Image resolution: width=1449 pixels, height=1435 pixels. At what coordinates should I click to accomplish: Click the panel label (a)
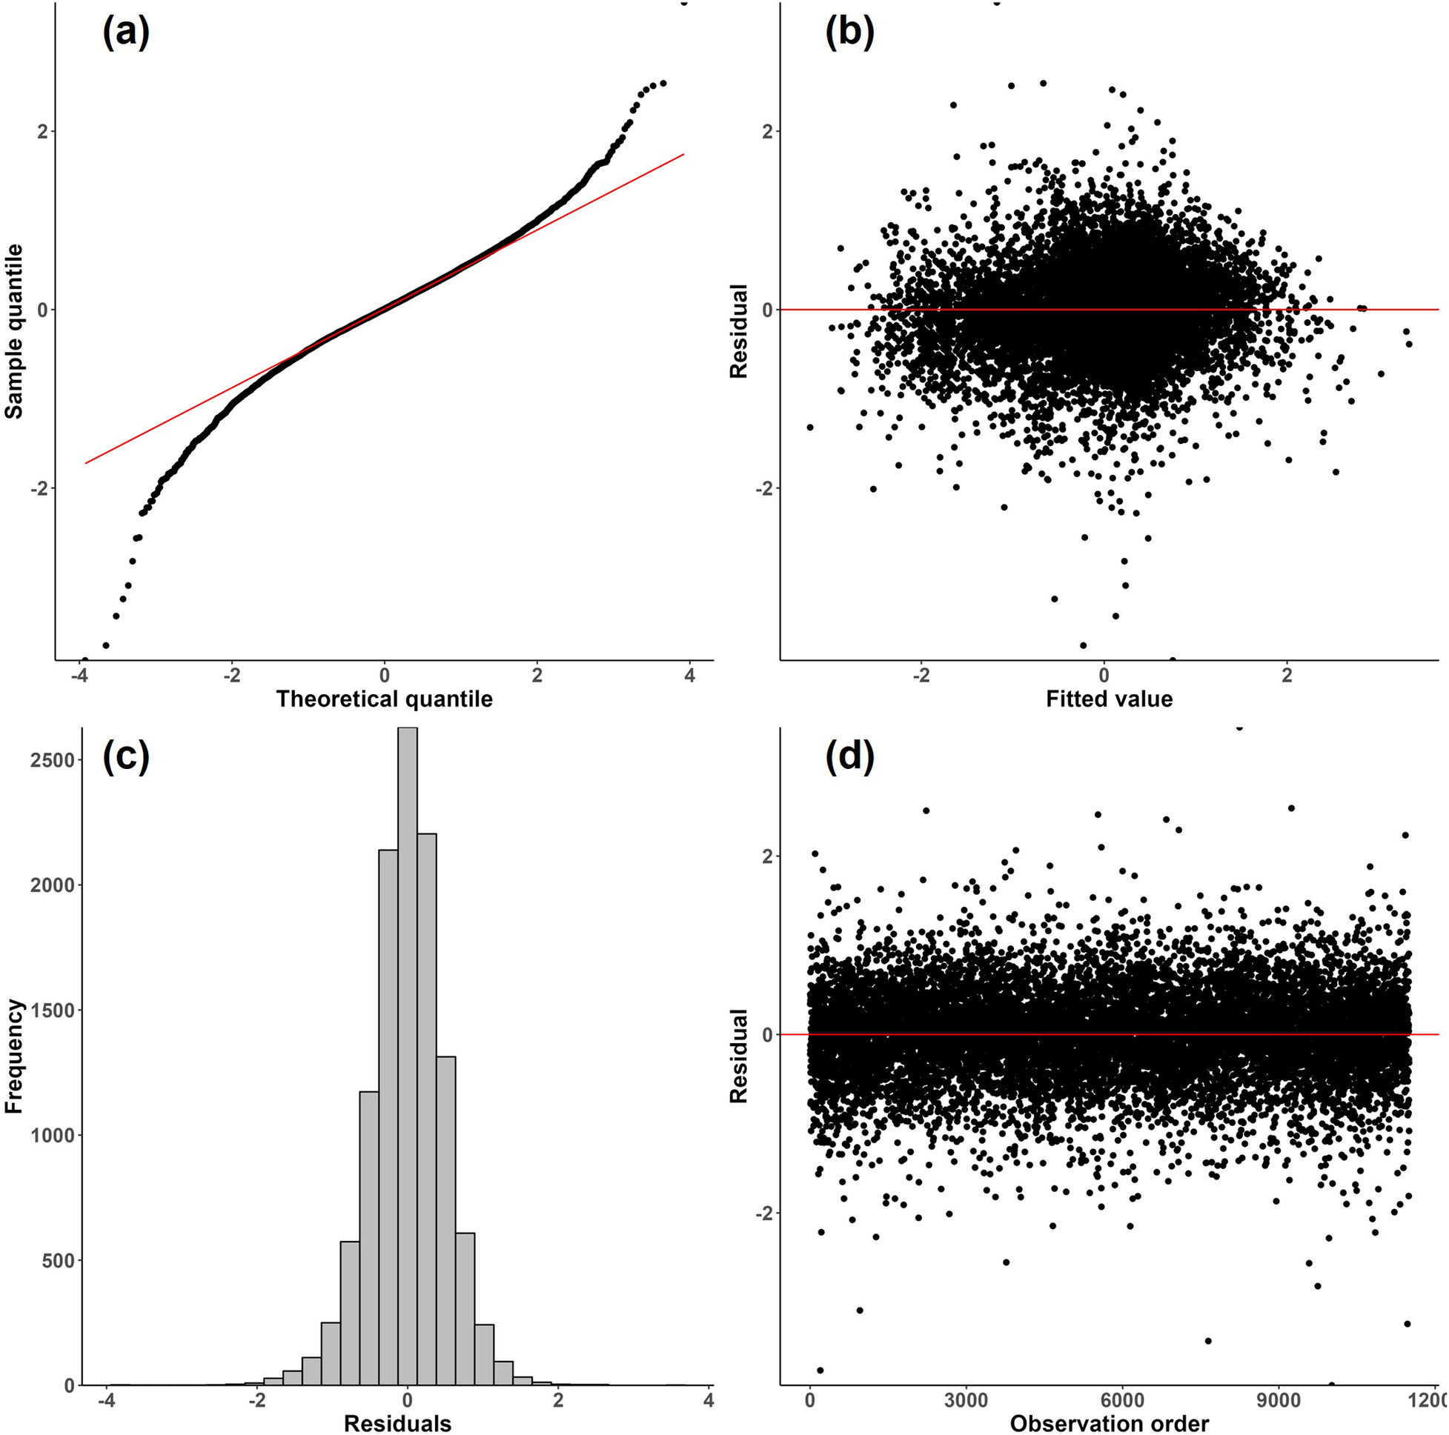pyautogui.click(x=125, y=34)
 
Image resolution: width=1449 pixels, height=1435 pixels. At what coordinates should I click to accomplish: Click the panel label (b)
pyautogui.click(x=849, y=34)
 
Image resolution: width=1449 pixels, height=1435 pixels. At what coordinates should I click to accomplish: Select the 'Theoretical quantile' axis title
pyautogui.click(x=384, y=699)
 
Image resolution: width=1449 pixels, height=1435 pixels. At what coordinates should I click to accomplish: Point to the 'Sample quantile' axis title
pyautogui.click(x=14, y=331)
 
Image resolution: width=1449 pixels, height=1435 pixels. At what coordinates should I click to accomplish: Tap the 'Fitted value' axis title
pyautogui.click(x=1109, y=699)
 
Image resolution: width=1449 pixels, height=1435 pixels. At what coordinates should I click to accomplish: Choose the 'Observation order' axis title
pyautogui.click(x=1109, y=1423)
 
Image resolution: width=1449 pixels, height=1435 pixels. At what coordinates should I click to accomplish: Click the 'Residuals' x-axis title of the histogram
pyautogui.click(x=397, y=1423)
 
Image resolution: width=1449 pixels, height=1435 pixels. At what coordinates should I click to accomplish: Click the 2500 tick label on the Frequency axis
pyautogui.click(x=53, y=760)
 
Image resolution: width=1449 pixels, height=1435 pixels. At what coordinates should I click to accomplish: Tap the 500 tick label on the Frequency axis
pyautogui.click(x=59, y=1260)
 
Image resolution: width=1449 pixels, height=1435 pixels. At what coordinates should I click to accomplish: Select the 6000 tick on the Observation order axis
pyautogui.click(x=1122, y=1400)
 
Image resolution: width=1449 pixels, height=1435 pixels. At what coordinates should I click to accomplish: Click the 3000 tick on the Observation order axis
pyautogui.click(x=966, y=1400)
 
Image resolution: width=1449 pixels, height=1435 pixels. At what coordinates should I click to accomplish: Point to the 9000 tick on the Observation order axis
pyautogui.click(x=1278, y=1400)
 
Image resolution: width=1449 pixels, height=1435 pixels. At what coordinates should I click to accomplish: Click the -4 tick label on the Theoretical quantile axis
pyautogui.click(x=78, y=676)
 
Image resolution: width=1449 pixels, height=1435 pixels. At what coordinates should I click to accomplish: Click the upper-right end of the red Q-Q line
pyautogui.click(x=683, y=154)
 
